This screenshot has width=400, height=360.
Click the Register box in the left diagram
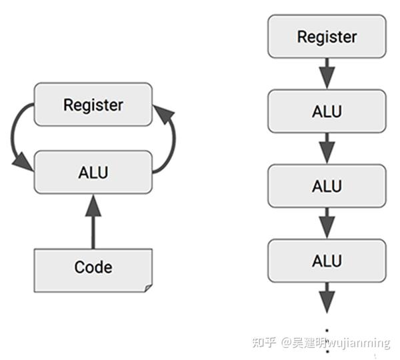93,105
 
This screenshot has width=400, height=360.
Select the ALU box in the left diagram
93,172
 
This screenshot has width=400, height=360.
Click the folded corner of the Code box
147,287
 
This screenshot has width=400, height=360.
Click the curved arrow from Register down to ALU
15,137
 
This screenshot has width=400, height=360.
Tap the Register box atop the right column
327,36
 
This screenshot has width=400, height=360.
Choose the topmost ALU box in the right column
327,111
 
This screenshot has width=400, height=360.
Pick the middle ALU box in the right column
327,185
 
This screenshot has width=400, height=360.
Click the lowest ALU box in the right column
327,260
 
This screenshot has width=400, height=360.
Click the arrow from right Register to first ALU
327,73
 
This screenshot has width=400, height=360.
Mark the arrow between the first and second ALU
327,148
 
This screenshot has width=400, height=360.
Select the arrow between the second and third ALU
327,223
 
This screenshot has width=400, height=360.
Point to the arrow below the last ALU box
327,297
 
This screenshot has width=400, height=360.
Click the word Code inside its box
93,267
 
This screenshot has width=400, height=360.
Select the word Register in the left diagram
93,105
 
